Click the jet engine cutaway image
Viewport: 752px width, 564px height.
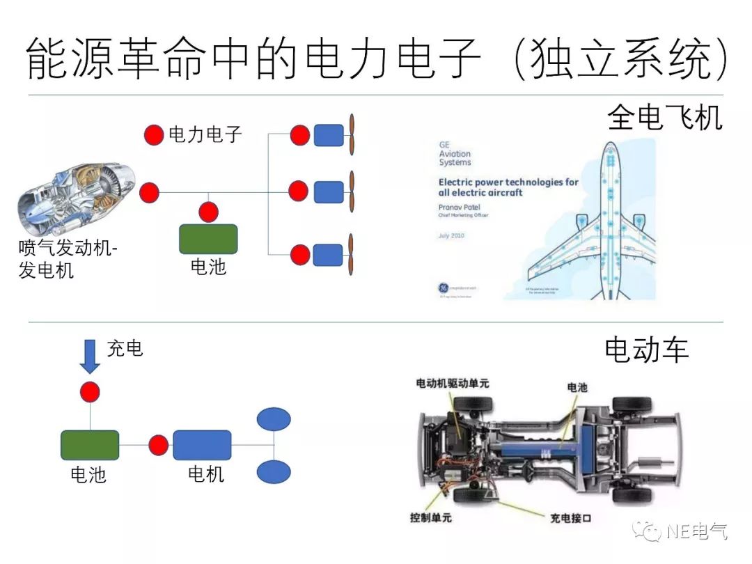click(77, 198)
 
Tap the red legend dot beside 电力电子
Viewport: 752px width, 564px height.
click(154, 135)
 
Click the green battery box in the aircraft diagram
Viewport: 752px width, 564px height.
click(208, 239)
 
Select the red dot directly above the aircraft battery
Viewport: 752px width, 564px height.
click(208, 212)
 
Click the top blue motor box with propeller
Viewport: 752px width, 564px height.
click(329, 135)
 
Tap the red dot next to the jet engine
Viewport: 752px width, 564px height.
click(149, 192)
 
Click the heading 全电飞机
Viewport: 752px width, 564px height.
click(664, 117)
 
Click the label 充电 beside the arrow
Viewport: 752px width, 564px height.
click(125, 348)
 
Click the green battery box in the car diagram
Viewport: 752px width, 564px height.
click(90, 445)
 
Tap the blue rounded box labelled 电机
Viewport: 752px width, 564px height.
click(202, 445)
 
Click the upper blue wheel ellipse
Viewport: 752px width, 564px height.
click(274, 419)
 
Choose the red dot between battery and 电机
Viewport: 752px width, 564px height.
click(159, 445)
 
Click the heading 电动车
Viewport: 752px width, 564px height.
click(646, 350)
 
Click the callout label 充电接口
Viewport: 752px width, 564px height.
click(570, 518)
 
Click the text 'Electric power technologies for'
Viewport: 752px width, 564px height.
click(508, 182)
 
